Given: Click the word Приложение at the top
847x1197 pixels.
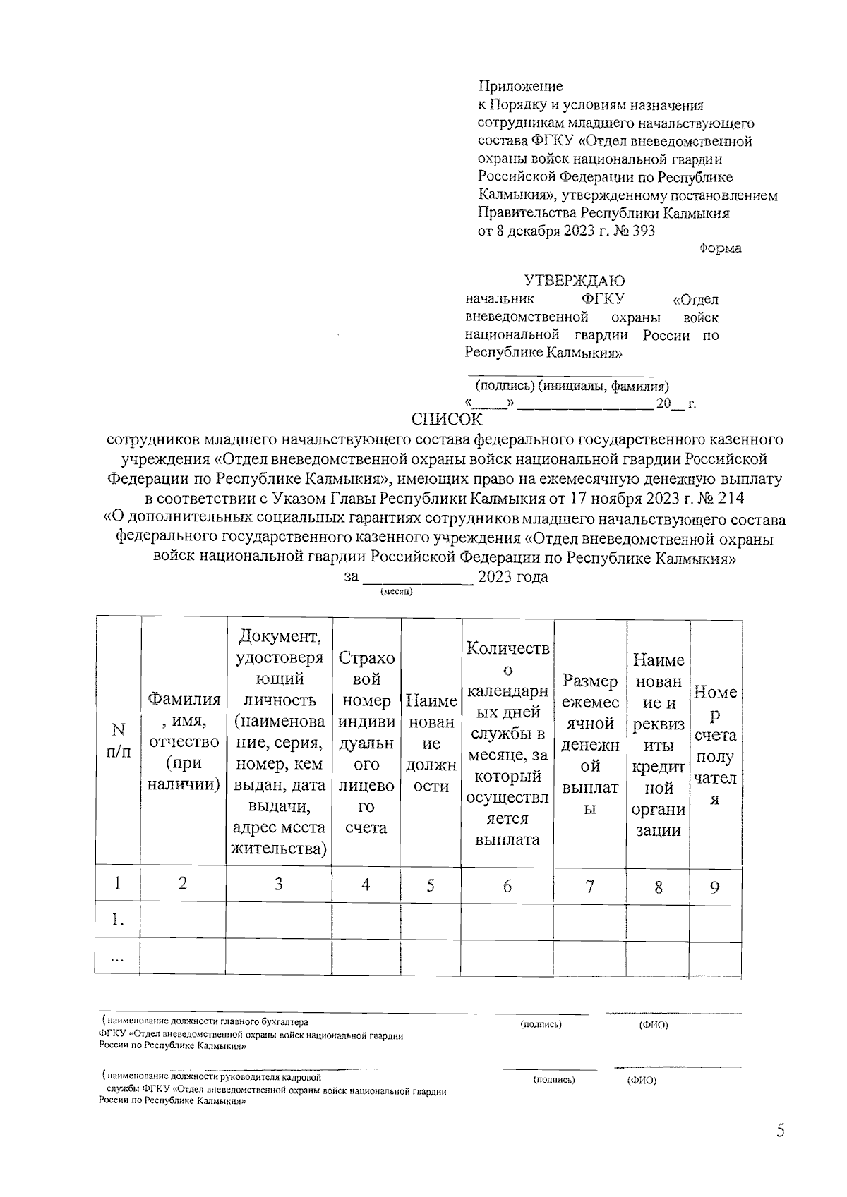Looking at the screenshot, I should pos(520,87).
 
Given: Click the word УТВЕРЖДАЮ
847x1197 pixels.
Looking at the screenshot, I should pos(574,281).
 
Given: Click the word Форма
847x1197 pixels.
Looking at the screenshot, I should pos(720,249).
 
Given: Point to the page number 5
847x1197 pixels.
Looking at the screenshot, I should pos(780,1131).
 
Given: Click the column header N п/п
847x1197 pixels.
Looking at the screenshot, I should pos(118,741).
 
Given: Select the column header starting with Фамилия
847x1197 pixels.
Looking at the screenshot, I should pos(184,741).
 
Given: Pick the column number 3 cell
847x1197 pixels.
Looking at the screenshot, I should pos(278,885).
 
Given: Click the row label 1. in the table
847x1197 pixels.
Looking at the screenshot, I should pos(118,920).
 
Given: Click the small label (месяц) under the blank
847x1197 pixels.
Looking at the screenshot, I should pos(396,591).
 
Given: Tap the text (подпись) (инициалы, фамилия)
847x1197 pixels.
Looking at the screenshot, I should pos(572,387).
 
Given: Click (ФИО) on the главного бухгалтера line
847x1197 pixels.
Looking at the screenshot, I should pos(653,1025).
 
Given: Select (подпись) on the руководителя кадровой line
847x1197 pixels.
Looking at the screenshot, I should pos(554,1079).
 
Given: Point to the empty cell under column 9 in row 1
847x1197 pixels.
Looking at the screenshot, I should pos(714,921).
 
